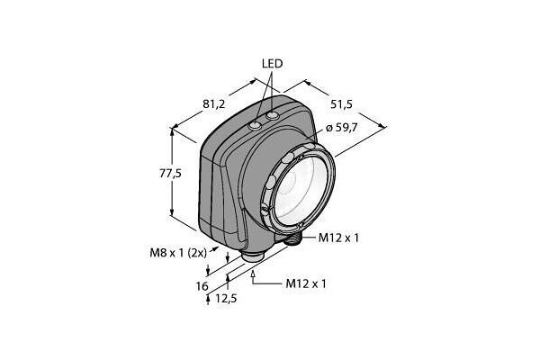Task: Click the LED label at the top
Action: click(272, 64)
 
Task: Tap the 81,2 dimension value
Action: click(213, 103)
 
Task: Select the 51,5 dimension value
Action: click(341, 104)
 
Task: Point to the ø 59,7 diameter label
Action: click(341, 128)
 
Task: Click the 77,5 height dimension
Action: click(170, 174)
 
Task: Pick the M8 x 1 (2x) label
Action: click(178, 253)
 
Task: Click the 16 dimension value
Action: click(202, 286)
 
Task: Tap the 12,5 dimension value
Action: click(226, 298)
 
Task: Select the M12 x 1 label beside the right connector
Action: click(338, 238)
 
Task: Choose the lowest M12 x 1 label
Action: click(306, 283)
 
